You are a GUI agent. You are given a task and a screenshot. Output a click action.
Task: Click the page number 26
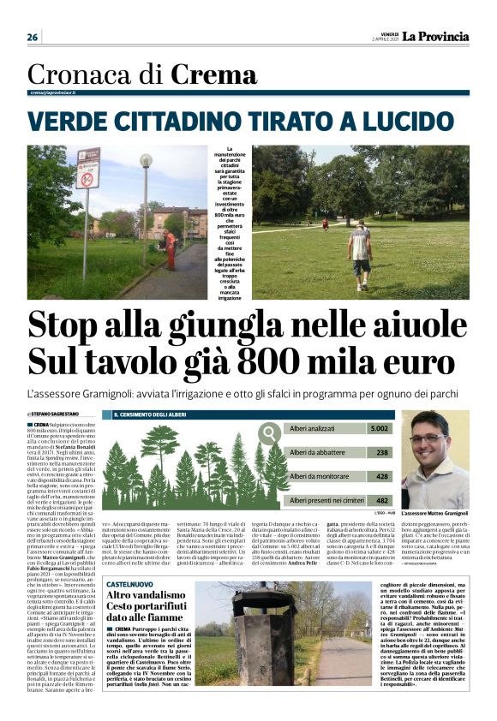coord(33,37)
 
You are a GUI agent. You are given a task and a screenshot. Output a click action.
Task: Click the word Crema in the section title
coord(213,75)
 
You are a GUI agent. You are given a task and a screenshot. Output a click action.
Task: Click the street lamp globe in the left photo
coord(146,160)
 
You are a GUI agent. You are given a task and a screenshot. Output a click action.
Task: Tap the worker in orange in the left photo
coord(170,249)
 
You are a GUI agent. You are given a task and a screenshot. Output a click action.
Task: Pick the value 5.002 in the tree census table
coord(378,428)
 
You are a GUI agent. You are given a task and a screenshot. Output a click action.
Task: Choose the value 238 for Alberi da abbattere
coord(382,452)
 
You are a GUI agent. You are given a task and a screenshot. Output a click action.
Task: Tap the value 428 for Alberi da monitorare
coord(382,475)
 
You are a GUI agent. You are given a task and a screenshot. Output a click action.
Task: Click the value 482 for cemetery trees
coord(382,499)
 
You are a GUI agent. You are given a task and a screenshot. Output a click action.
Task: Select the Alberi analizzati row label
coord(314,428)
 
